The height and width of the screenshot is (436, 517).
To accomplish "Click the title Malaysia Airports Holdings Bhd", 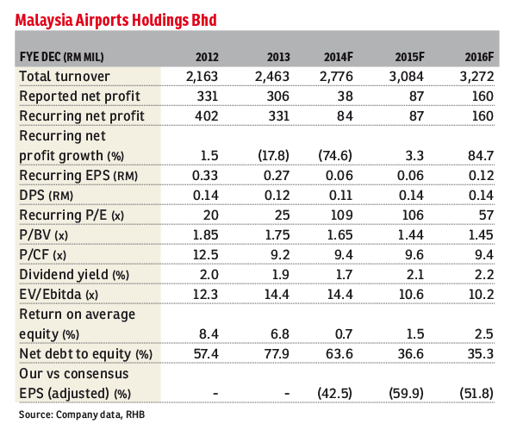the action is pos(115,20).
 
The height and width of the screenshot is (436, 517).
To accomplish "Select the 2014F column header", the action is pos(339,57).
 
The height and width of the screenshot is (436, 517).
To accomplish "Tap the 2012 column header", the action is pos(207,57).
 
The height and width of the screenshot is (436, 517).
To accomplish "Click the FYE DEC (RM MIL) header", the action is pos(62,57).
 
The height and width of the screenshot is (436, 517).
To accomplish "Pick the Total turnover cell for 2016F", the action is pos(477,77).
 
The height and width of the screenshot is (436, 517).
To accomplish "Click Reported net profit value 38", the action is pos(345,97).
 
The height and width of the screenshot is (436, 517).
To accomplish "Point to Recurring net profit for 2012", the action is pos(207,116).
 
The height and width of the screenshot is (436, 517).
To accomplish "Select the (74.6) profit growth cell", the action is pos(335,155).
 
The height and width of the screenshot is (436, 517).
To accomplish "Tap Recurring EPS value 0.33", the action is pos(205,176).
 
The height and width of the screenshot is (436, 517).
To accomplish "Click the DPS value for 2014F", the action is pos(341,196).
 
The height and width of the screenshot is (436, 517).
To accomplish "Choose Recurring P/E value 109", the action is pos(341,215).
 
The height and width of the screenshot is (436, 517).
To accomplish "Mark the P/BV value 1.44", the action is pos(410,235).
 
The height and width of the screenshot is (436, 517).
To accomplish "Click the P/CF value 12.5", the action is pos(205,254).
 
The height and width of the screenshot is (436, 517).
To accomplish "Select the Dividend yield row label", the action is pos(74,274).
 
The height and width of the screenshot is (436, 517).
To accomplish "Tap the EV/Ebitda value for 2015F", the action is pos(411,294).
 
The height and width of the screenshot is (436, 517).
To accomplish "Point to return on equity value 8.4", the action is pos(209,334).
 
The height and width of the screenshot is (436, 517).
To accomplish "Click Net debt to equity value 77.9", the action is pos(277,354).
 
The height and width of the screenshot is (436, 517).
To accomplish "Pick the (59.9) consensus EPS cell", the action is pos(406,394).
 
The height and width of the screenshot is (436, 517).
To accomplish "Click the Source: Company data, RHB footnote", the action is pos(82,414).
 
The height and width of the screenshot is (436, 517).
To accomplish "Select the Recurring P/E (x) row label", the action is pos(72,215).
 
